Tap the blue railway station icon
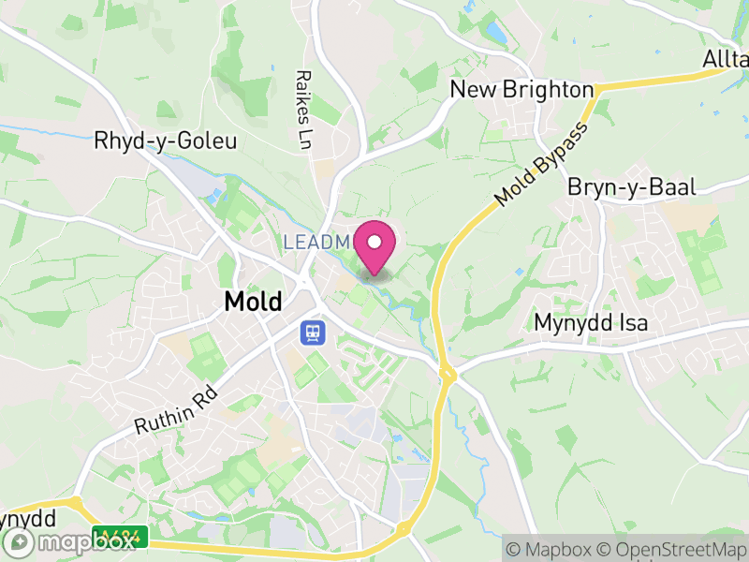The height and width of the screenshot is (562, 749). click(311, 332)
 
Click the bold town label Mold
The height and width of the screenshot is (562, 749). click(253, 302)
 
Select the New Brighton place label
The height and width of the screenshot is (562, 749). click(521, 89)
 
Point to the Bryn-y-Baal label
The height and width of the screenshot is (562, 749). click(632, 187)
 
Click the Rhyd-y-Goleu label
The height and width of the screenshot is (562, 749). click(166, 141)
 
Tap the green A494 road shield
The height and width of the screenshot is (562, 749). click(123, 538)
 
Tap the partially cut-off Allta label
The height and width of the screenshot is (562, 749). click(726, 60)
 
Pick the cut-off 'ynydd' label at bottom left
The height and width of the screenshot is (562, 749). click(28, 518)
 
